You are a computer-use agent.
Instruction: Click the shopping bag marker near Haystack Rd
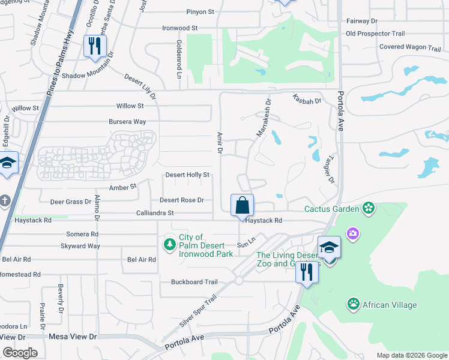pyautogui.click(x=242, y=205)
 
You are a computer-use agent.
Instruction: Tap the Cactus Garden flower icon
pyautogui.click(x=369, y=209)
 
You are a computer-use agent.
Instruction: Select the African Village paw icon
pyautogui.click(x=353, y=305)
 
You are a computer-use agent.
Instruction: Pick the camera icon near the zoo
pyautogui.click(x=353, y=233)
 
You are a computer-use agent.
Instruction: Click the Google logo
pyautogui.click(x=20, y=353)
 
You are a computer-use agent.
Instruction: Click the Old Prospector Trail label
pyautogui.click(x=375, y=34)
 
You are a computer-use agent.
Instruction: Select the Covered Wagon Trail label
pyautogui.click(x=410, y=47)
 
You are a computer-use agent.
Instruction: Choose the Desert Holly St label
pyautogui.click(x=187, y=175)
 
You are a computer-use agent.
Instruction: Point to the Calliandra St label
pyautogui.click(x=155, y=213)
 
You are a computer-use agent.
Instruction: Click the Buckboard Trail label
pyautogui.click(x=194, y=282)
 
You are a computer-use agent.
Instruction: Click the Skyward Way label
pyautogui.click(x=80, y=246)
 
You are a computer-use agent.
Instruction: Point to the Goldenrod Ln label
pyautogui.click(x=179, y=59)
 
